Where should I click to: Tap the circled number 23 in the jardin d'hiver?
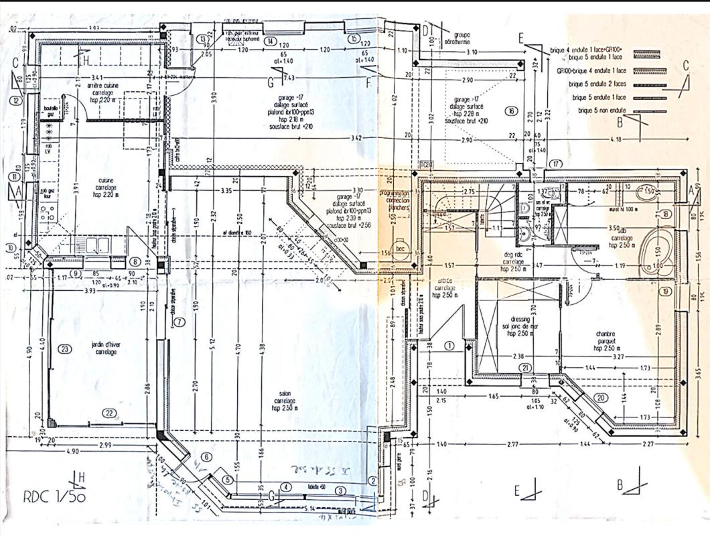coord(64,348)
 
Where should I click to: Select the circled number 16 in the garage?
coord(511,111)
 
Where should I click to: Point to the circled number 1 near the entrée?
coord(449,345)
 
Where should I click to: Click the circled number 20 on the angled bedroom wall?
coord(601,397)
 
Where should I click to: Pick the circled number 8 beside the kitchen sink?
coord(135,261)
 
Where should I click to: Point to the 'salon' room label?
coord(284,394)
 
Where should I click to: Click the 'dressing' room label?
coord(519,320)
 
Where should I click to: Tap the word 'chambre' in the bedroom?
coord(605,334)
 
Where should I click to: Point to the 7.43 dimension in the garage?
coord(291,78)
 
